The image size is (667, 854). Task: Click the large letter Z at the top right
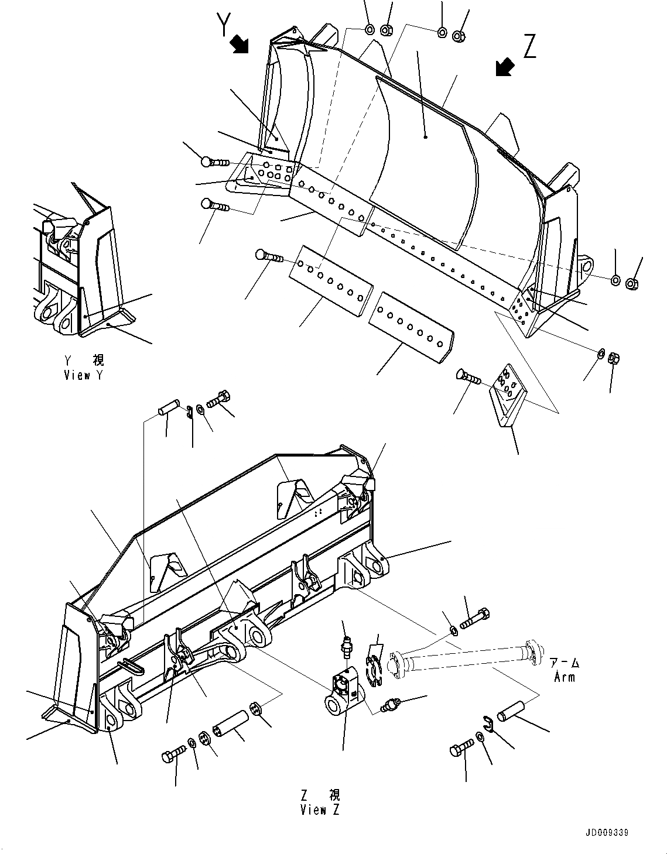tap(529, 46)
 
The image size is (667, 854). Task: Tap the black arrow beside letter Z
tap(504, 67)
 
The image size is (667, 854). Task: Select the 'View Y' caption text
tap(84, 368)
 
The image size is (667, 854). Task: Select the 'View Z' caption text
tap(320, 802)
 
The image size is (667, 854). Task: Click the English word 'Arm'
tap(565, 677)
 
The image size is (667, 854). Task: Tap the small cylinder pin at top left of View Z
tap(170, 405)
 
